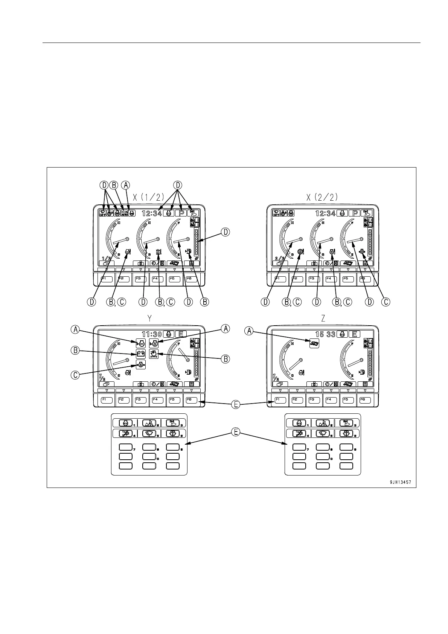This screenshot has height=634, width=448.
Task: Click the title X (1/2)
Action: (149, 197)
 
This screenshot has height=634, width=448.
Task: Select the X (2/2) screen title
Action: (322, 197)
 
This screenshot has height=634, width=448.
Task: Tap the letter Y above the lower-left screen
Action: (149, 319)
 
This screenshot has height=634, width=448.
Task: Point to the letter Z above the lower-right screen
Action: (323, 319)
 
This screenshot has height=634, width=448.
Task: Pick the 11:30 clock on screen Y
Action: (151, 334)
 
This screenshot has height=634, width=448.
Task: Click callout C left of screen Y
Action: (75, 375)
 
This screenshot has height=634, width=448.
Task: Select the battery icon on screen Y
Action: (141, 354)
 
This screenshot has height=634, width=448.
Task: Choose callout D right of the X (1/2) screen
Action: (225, 232)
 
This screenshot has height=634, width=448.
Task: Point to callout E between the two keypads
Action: (235, 433)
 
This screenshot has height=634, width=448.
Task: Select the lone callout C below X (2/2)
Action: (386, 302)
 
